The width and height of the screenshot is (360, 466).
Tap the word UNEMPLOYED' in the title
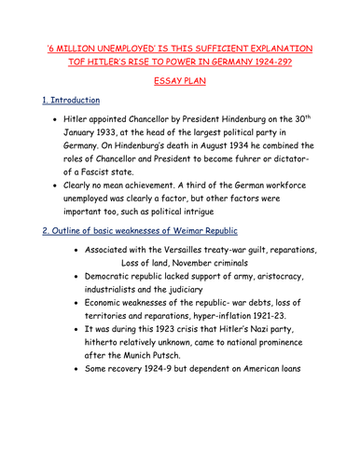[131, 48]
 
